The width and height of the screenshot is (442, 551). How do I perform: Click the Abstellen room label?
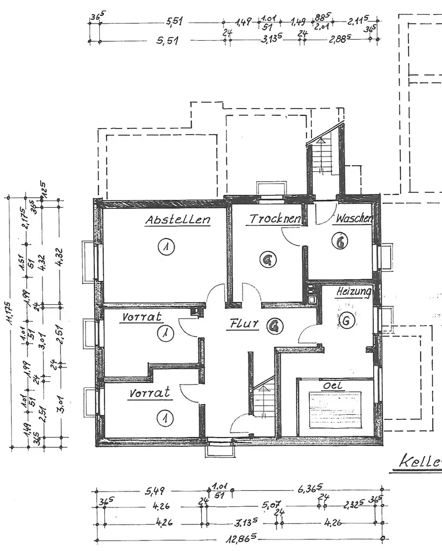pos(177,220)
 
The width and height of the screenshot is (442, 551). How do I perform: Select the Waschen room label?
pos(353,219)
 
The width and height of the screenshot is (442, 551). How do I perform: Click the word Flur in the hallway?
pos(242,325)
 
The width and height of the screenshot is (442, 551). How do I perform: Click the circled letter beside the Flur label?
pos(272,327)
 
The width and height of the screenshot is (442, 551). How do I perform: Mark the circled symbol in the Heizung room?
pos(346,320)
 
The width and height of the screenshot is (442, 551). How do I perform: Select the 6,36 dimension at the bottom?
pos(309,488)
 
